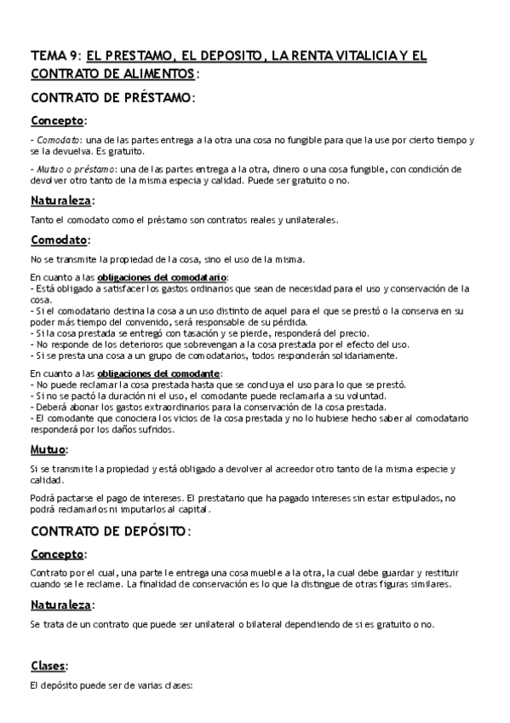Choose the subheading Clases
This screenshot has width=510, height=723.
(x=48, y=665)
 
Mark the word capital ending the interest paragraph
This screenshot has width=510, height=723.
(x=186, y=510)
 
